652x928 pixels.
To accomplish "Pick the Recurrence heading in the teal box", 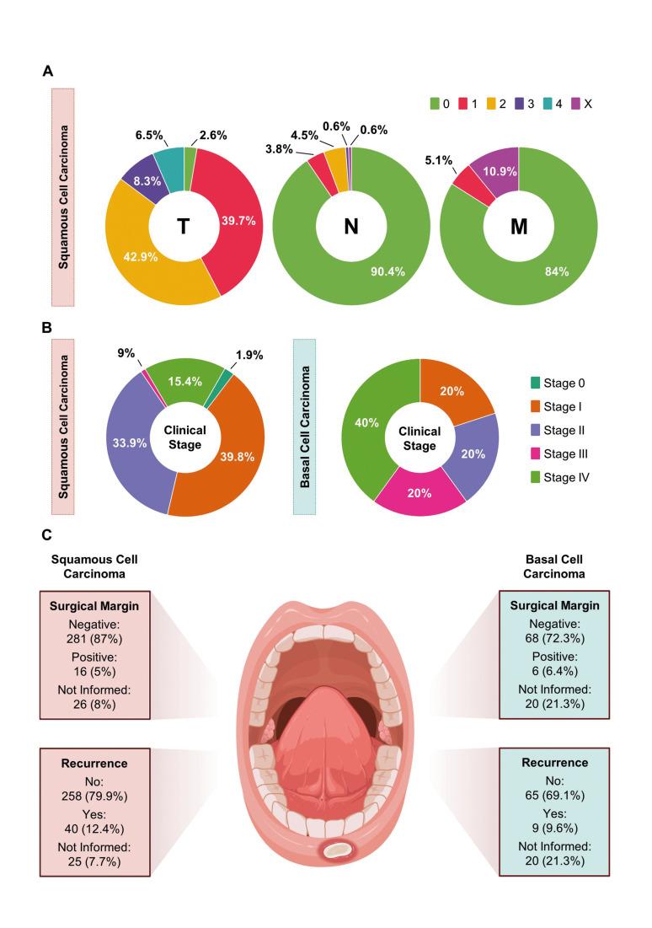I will (554, 764).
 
